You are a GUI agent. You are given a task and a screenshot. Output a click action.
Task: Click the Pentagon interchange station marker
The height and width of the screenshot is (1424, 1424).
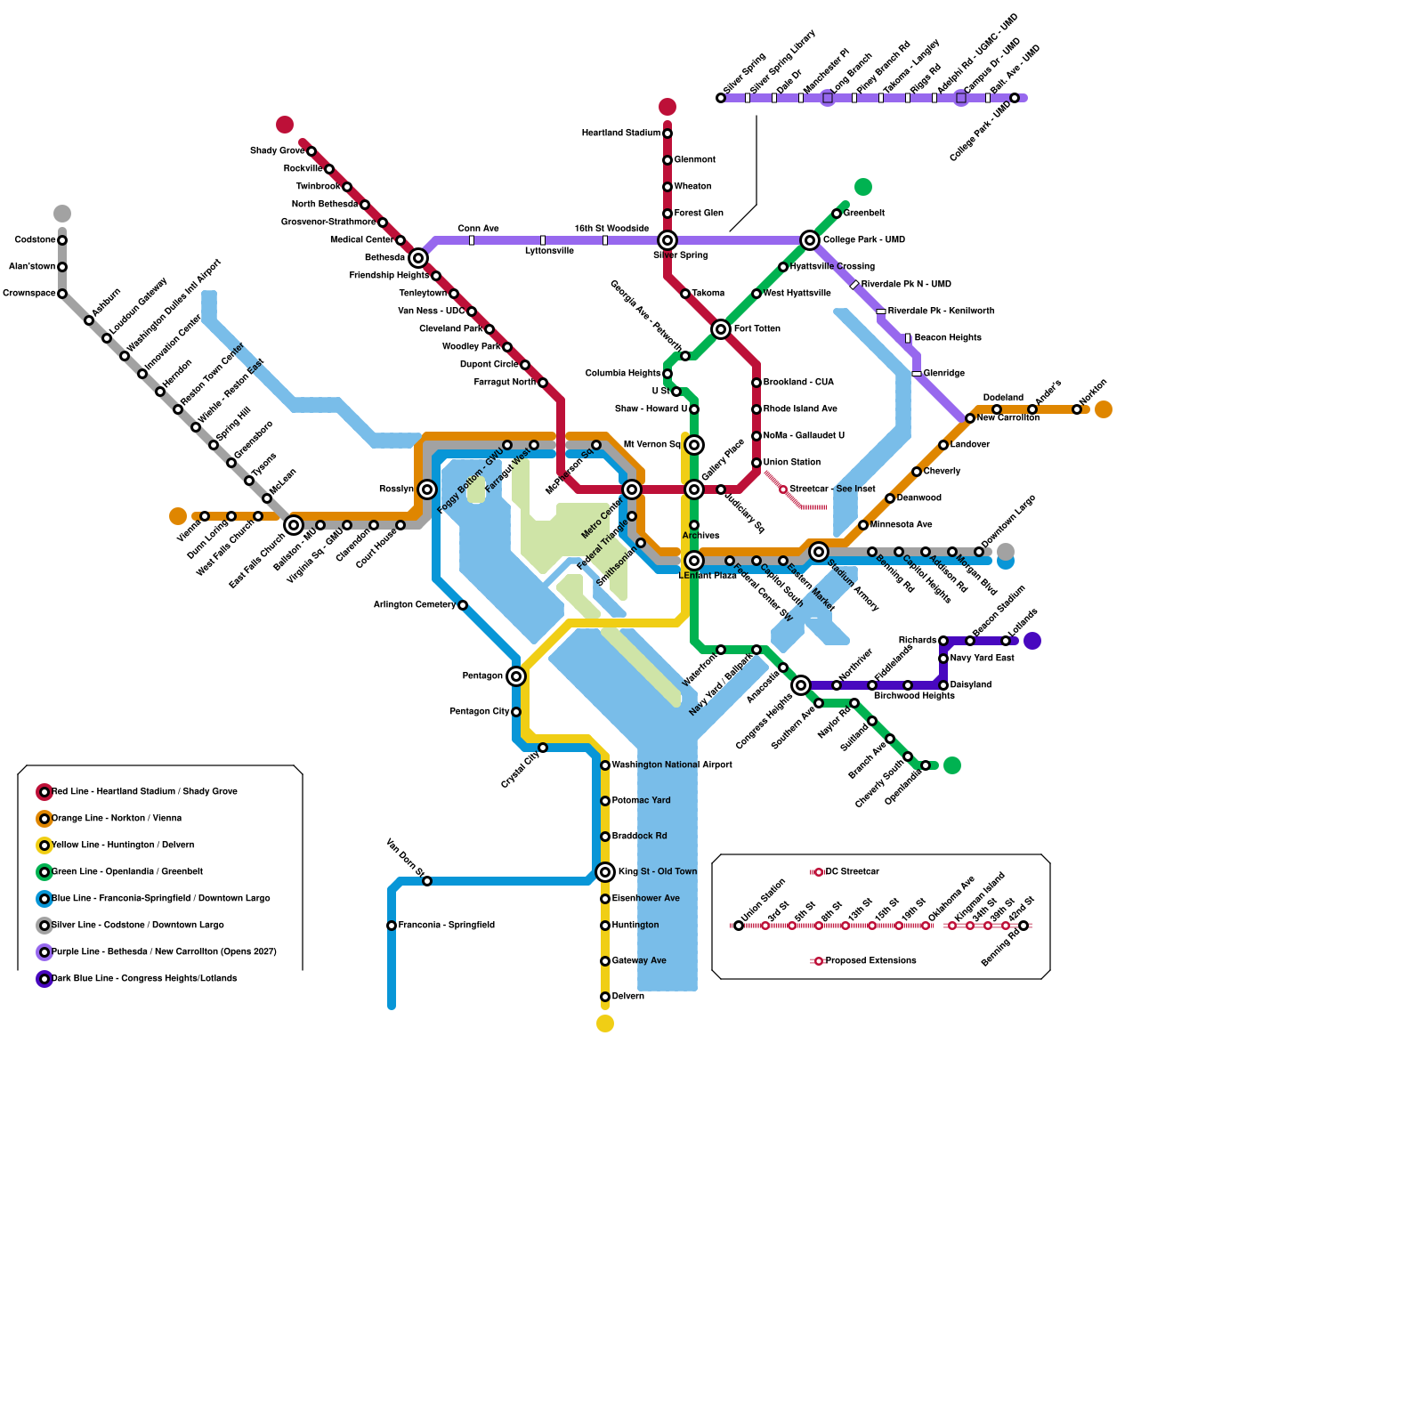pyautogui.click(x=516, y=676)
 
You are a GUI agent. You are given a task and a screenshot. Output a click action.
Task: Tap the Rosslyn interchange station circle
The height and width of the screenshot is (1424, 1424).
pyautogui.click(x=427, y=489)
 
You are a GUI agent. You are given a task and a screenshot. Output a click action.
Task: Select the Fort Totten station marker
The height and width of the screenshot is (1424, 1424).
pyautogui.click(x=721, y=329)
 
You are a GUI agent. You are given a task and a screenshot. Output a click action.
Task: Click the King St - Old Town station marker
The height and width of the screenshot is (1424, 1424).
pyautogui.click(x=605, y=872)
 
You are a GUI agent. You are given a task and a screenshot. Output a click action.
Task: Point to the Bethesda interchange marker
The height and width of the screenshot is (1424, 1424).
pyautogui.click(x=418, y=258)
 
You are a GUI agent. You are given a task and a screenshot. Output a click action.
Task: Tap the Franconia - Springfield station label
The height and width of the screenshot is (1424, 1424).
pyautogui.click(x=446, y=926)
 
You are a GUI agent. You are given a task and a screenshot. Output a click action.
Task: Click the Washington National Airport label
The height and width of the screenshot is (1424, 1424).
pyautogui.click(x=672, y=765)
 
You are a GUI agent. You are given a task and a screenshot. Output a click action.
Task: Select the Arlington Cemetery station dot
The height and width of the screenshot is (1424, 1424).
pyautogui.click(x=463, y=605)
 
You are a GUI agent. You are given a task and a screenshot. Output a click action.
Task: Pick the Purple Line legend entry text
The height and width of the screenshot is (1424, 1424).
pyautogui.click(x=164, y=952)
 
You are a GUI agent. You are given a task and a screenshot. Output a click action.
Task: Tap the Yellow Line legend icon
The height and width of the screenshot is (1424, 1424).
pyautogui.click(x=44, y=845)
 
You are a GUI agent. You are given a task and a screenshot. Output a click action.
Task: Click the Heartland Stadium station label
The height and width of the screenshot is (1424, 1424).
pyautogui.click(x=621, y=133)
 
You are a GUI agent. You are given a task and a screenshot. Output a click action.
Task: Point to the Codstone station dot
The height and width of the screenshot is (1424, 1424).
pyautogui.click(x=62, y=240)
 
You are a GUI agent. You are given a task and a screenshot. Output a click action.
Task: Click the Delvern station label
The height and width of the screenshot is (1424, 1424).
pyautogui.click(x=627, y=997)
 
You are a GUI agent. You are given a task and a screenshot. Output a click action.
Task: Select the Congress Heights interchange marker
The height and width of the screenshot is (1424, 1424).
pyautogui.click(x=801, y=685)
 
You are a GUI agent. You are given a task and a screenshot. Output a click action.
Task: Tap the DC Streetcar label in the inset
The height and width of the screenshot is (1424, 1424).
pyautogui.click(x=852, y=872)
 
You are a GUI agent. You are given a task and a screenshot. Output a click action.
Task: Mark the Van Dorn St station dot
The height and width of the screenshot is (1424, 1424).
pyautogui.click(x=427, y=881)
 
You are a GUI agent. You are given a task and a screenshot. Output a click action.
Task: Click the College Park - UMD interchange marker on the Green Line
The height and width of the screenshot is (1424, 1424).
pyautogui.click(x=810, y=240)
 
